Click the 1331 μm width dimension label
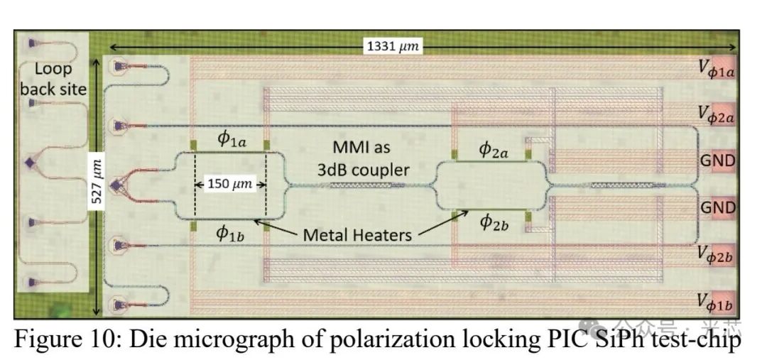coord(393,47)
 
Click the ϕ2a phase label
coord(494,149)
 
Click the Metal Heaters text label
coord(357,234)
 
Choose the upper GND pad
coord(718,160)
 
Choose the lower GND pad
coord(718,207)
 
